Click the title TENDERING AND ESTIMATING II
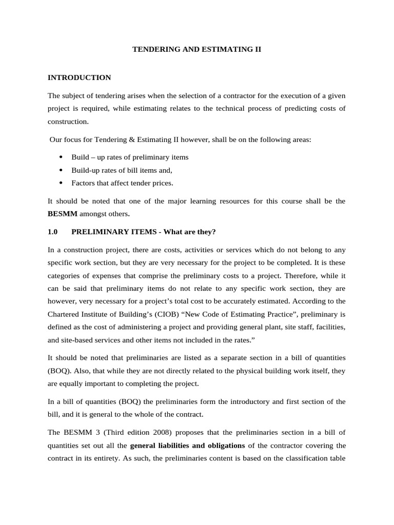click(197, 50)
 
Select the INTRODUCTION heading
click(79, 78)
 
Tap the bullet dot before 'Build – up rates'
click(62, 157)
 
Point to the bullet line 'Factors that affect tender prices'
click(122, 183)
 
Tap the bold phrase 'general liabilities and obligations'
click(187, 446)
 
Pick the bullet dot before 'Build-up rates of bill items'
click(62, 170)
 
